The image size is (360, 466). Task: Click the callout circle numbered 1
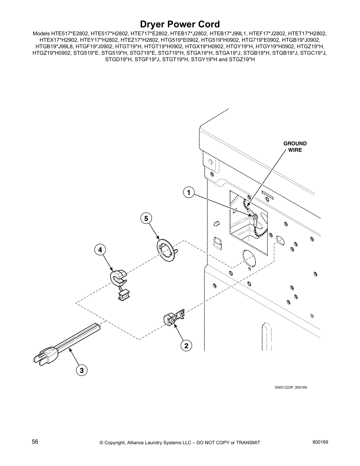[x=189, y=193]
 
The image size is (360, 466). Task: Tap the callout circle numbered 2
[x=186, y=346]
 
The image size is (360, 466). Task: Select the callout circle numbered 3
[x=81, y=370]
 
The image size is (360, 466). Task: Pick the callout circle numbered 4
[x=100, y=250]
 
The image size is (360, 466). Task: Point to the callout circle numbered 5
[x=146, y=218]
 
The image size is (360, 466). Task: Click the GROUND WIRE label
[x=295, y=147]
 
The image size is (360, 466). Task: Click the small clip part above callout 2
[x=174, y=318]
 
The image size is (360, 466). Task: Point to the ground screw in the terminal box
[x=255, y=217]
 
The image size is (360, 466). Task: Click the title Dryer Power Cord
[x=180, y=24]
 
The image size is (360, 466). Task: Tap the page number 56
[x=35, y=442]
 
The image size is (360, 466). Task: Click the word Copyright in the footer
[x=116, y=442]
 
